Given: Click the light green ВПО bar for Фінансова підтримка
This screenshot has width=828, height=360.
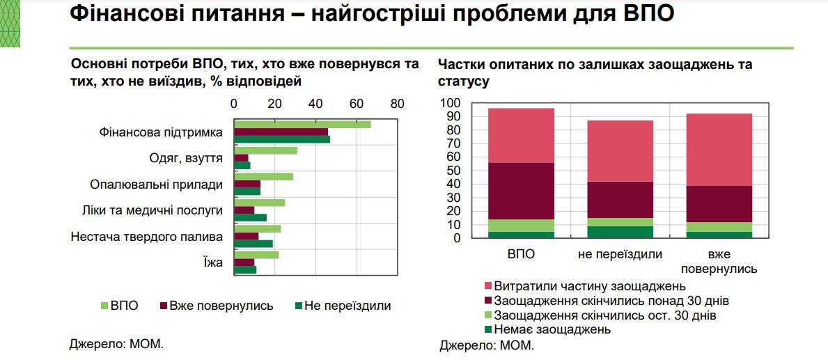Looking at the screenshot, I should pos(302,124).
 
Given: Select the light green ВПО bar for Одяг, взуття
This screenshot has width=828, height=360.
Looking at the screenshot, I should pos(265,150).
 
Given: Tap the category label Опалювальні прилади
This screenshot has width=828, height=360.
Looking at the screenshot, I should pos(156,185).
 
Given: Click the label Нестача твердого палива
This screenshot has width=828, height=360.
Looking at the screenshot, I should pos(146,237).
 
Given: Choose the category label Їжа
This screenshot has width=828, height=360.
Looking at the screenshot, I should pos(212,263).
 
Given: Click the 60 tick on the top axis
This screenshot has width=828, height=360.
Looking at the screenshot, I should pos(357,104).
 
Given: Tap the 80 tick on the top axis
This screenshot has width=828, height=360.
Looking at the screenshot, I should pos(398,104).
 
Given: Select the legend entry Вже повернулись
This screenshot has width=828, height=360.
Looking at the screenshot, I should pos(221,306).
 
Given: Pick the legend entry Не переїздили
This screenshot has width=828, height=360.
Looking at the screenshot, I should pos(347,306).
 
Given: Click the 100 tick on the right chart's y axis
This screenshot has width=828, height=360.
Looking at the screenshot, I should pos(451,104).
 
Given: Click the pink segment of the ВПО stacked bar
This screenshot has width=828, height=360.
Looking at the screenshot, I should pos(521,135).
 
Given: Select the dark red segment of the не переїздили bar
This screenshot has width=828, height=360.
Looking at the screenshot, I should pos(620,199).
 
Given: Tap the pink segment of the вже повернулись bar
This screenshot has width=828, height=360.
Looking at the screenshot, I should pos(719,149).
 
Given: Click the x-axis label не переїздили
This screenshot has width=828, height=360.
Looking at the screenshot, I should pos(620,255).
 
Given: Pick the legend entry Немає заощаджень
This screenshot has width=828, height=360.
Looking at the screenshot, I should pos(552,329).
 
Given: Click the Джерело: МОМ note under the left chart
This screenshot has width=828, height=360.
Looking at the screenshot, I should pos(116,344).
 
